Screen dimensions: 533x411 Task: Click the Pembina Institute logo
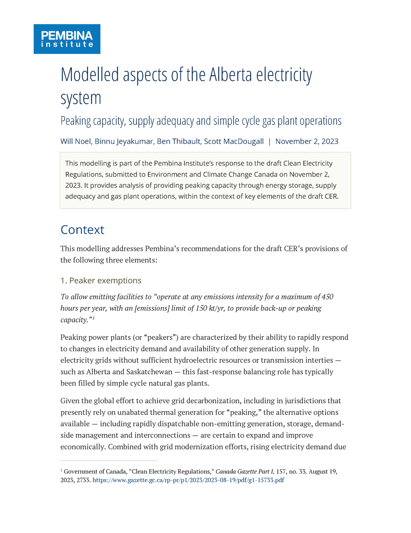coord(67,39)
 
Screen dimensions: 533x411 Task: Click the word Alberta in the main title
coord(231,75)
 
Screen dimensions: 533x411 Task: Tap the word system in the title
coord(81,99)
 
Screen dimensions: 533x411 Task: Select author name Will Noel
coord(76,141)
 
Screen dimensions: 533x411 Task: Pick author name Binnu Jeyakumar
coord(124,141)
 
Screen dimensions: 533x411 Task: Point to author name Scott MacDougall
coord(234,141)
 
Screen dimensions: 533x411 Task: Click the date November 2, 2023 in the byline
coord(307,141)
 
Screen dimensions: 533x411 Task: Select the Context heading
coord(82,230)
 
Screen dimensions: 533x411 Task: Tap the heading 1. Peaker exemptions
coord(101,280)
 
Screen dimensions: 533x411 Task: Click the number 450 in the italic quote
coord(327,296)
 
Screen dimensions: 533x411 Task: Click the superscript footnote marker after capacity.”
coord(93,318)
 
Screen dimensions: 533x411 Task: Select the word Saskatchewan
coord(149,372)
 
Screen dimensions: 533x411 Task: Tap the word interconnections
coord(162,435)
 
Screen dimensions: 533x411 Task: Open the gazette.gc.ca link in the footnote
coord(188,480)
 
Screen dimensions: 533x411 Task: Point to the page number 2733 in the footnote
coord(83,480)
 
